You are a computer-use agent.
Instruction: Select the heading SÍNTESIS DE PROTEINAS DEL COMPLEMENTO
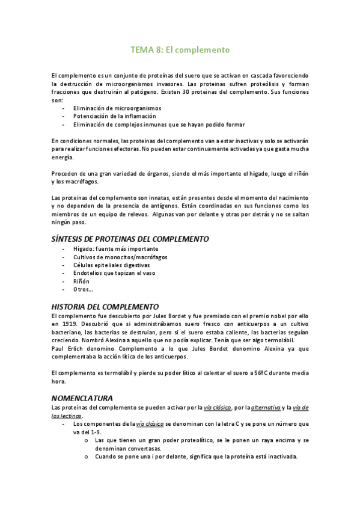point(130,239)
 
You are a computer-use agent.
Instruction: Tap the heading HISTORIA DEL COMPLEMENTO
point(105,307)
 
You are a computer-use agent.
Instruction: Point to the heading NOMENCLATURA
point(82,398)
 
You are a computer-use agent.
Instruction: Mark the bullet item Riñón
point(82,281)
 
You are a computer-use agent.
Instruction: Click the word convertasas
point(127,449)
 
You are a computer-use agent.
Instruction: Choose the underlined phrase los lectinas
point(67,416)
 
